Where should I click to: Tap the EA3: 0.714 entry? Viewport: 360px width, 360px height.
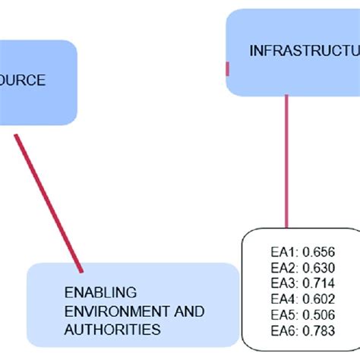pos(298,283)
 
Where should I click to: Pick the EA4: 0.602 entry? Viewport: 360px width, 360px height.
pos(298,298)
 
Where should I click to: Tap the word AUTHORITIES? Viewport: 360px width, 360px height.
pos(112,330)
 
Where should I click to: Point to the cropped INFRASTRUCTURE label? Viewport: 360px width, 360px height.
pos(304,51)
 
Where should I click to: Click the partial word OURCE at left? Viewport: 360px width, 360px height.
pos(23,81)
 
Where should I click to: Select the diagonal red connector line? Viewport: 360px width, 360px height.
pos(47,201)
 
